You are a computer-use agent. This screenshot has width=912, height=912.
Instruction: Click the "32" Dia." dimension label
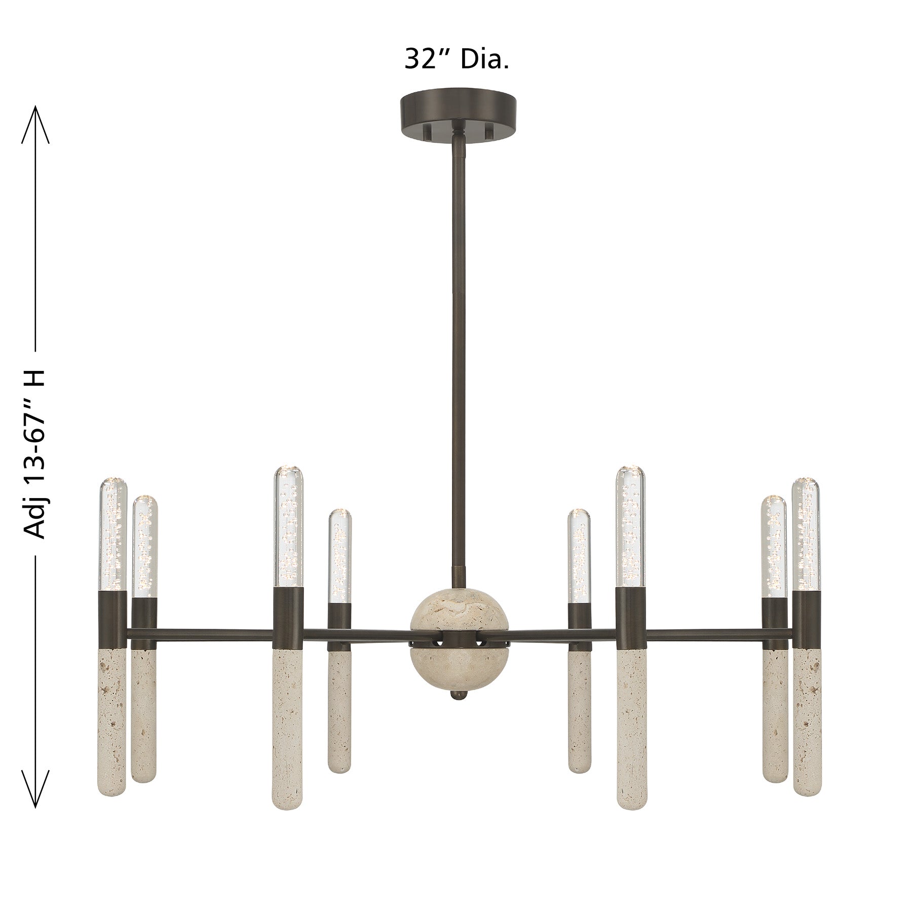pyautogui.click(x=456, y=59)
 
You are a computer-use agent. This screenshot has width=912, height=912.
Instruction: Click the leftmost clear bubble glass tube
pyautogui.click(x=112, y=533)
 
